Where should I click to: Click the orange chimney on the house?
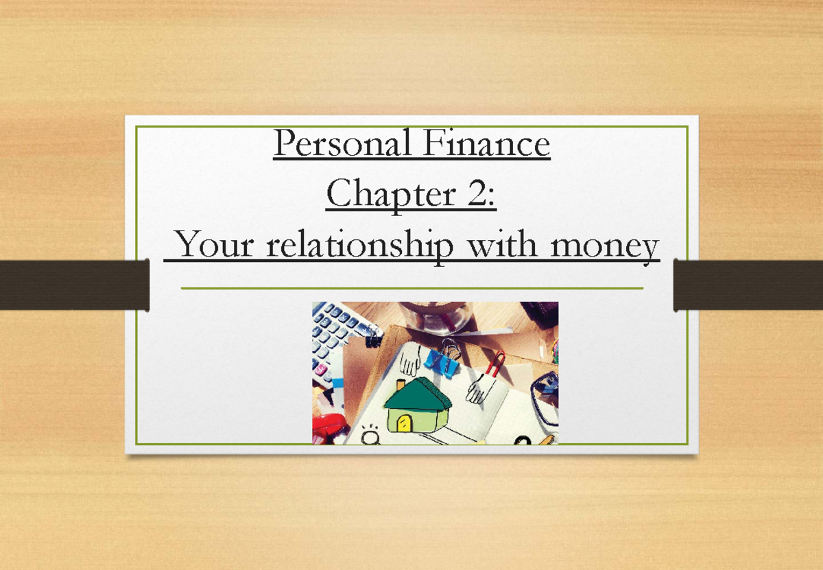(x=401, y=385)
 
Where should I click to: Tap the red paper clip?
(x=495, y=364)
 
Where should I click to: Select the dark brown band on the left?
(x=74, y=285)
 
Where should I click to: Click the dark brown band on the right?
(x=748, y=285)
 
